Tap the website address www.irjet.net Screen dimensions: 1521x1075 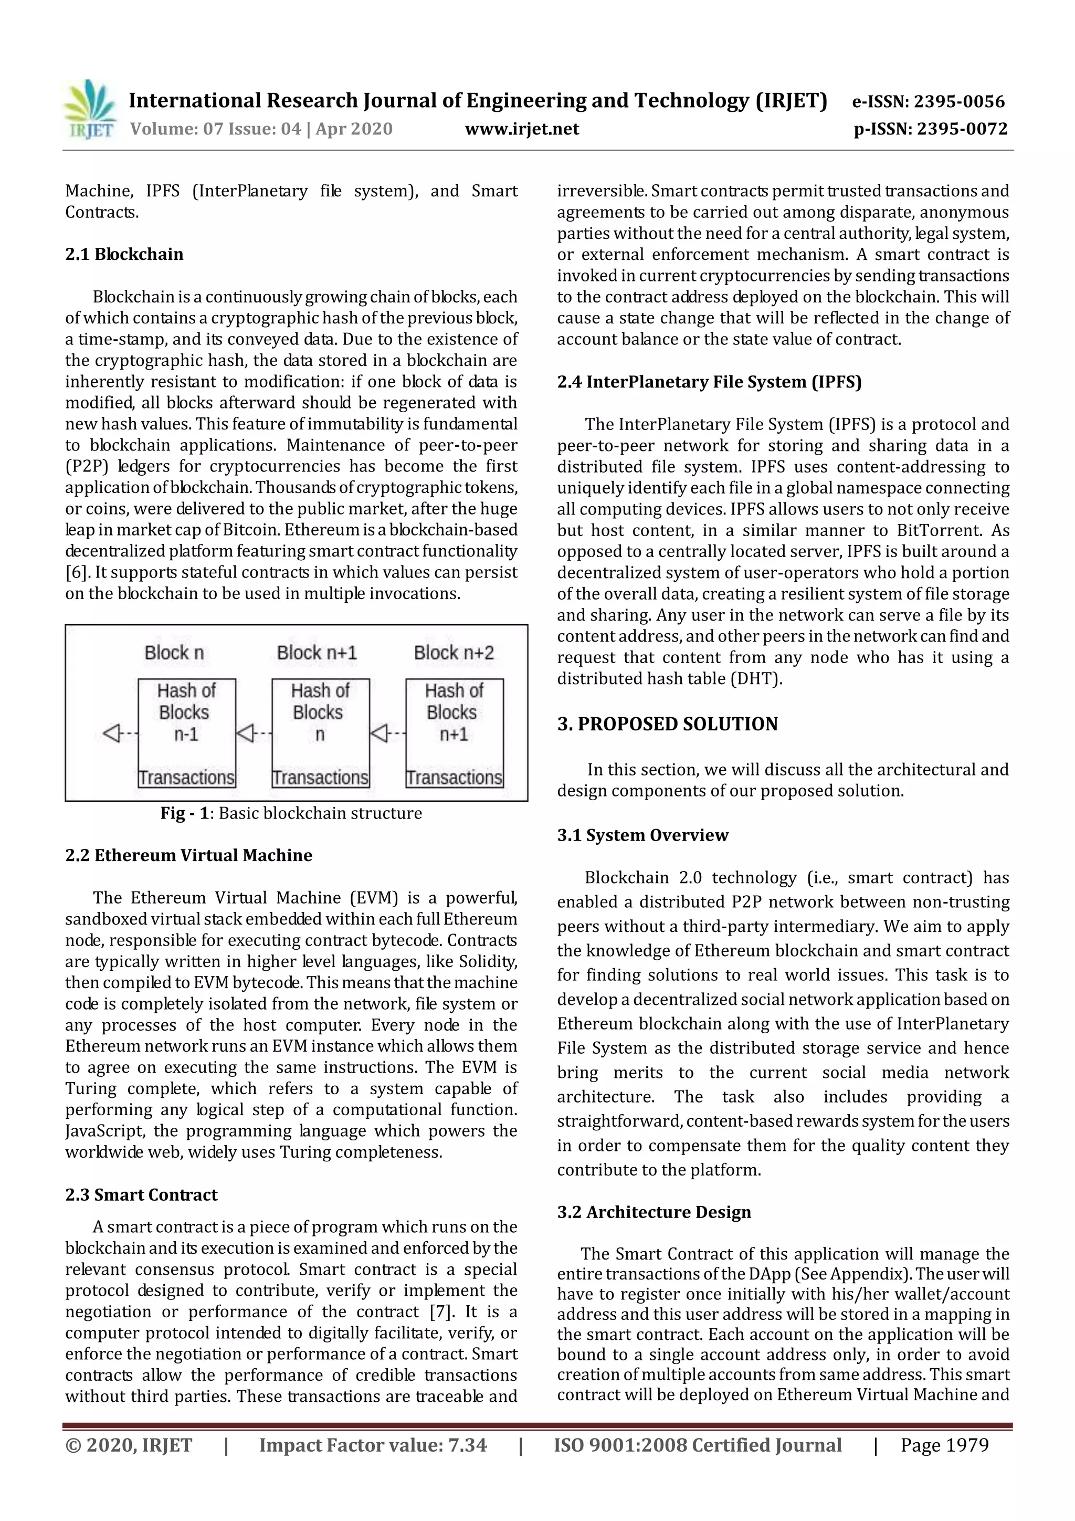(521, 129)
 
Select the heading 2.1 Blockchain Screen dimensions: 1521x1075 (124, 255)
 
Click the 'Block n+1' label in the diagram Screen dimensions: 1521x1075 (317, 653)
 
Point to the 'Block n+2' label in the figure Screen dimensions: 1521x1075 (454, 653)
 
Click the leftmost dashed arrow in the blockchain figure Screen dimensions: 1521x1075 (120, 733)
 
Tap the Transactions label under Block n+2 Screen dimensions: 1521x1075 (455, 777)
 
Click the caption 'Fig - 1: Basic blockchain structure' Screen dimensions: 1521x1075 (291, 813)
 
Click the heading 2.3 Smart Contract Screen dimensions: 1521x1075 (141, 1194)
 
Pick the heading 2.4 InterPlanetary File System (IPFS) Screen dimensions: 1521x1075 (709, 382)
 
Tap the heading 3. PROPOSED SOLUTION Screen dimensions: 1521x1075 (667, 724)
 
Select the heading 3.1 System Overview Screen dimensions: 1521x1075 (642, 835)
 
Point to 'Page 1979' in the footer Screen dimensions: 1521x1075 (944, 1445)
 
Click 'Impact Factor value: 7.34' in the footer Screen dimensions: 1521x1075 (373, 1445)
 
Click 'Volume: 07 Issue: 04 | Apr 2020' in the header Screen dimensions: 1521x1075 (261, 129)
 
